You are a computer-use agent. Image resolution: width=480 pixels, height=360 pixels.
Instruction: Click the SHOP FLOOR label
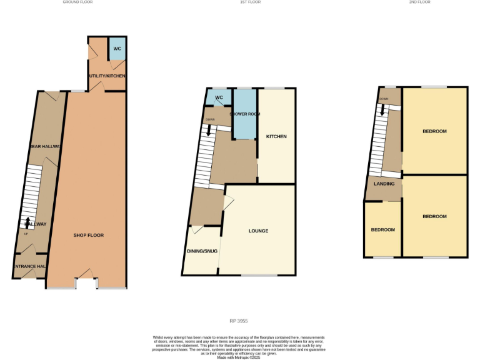(88, 235)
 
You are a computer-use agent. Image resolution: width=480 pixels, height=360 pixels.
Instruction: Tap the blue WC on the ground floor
(117, 48)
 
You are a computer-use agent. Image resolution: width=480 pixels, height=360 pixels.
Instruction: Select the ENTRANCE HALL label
(30, 266)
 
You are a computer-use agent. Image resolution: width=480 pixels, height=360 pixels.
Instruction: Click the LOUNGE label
(258, 231)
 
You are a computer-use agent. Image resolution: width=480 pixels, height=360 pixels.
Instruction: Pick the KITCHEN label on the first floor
(276, 136)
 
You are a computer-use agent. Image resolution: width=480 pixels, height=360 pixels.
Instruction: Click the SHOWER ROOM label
(244, 114)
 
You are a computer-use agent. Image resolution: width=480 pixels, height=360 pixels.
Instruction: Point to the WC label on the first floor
(219, 98)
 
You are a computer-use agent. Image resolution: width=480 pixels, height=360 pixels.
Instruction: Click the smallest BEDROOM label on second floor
(383, 229)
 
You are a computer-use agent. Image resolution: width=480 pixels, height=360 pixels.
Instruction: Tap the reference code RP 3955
(239, 321)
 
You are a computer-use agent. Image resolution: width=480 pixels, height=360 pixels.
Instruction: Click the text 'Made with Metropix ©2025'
(239, 357)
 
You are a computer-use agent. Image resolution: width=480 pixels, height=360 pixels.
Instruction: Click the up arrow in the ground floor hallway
(27, 221)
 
